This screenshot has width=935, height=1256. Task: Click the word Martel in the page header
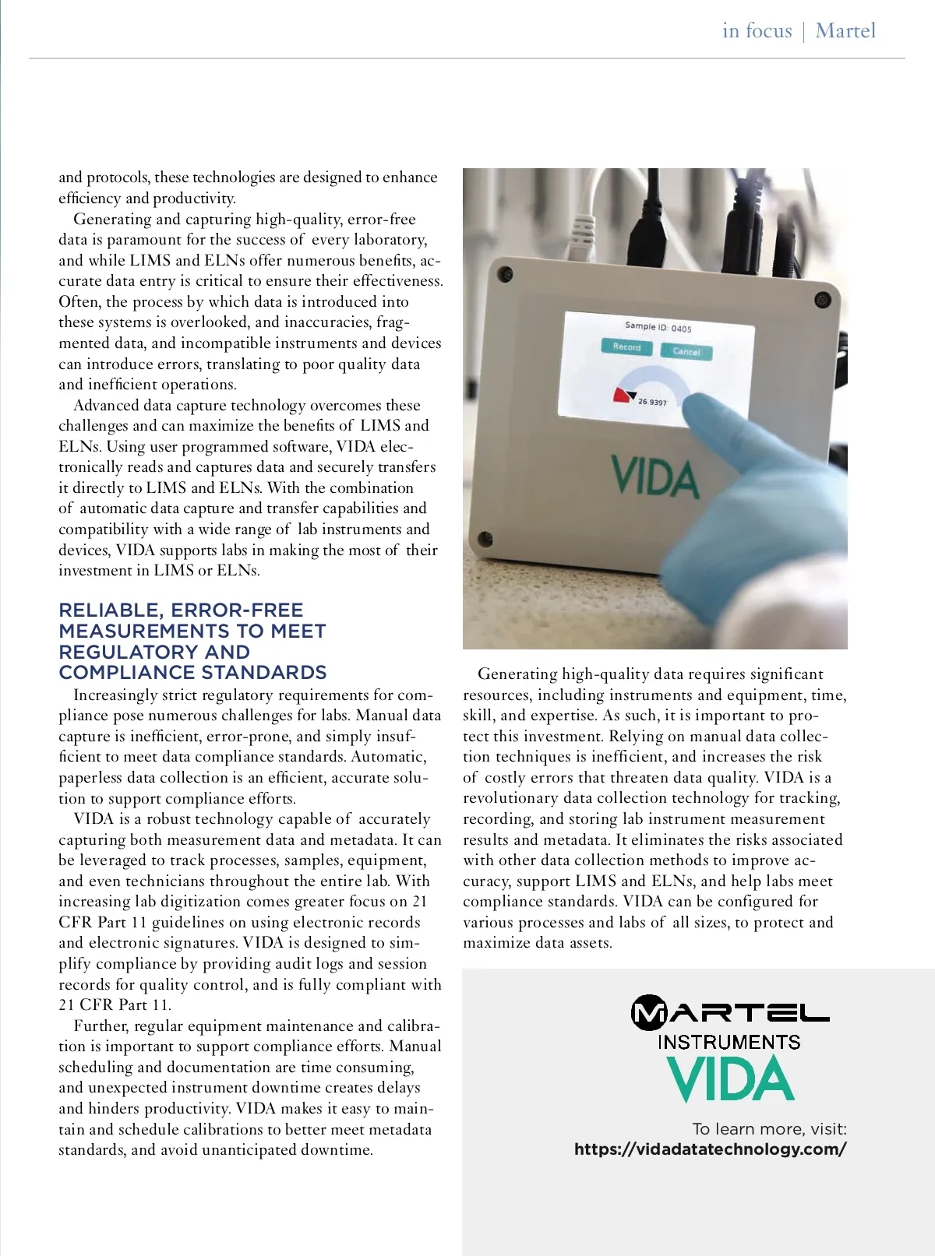pyautogui.click(x=845, y=31)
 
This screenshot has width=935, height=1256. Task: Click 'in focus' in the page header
pyautogui.click(x=757, y=31)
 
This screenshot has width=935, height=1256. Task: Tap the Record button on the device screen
pyautogui.click(x=626, y=347)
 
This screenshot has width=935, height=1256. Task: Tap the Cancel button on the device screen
pyautogui.click(x=686, y=351)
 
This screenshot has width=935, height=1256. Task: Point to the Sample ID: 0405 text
pyautogui.click(x=658, y=327)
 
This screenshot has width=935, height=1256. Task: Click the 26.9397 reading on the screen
pyautogui.click(x=652, y=402)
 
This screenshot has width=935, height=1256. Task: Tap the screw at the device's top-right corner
pyautogui.click(x=821, y=300)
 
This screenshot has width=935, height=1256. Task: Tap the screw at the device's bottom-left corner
pyautogui.click(x=485, y=538)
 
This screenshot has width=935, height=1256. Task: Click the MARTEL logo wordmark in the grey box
pyautogui.click(x=730, y=1012)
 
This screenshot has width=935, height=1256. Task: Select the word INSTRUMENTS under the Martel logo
pyautogui.click(x=729, y=1043)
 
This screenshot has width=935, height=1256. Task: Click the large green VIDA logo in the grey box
pyautogui.click(x=730, y=1079)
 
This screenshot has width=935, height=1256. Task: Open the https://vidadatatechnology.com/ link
pyautogui.click(x=710, y=1149)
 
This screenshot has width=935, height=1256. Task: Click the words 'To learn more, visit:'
pyautogui.click(x=769, y=1129)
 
